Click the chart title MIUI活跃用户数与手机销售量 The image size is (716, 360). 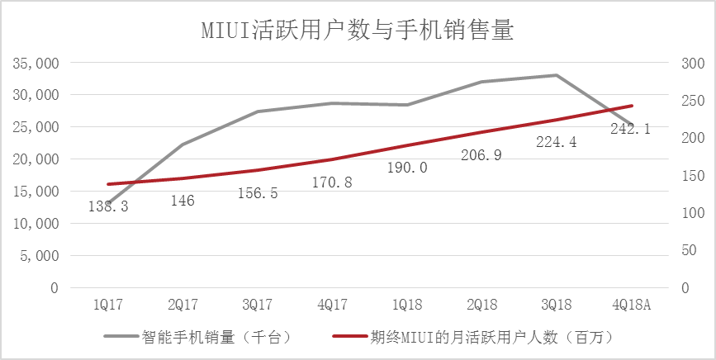[x=358, y=31]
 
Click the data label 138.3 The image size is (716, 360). [x=108, y=206]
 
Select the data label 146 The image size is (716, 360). [x=183, y=201]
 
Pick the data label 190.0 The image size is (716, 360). [x=407, y=168]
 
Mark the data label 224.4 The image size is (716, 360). [x=556, y=141]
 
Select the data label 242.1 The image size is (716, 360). [x=630, y=128]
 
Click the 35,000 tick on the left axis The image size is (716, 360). [x=36, y=63]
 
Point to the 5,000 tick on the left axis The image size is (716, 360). [x=39, y=256]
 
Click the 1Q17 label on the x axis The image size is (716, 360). [x=108, y=306]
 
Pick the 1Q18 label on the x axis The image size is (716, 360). [x=407, y=306]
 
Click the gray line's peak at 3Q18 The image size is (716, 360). [x=556, y=75]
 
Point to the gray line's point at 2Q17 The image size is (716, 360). [x=183, y=144]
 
